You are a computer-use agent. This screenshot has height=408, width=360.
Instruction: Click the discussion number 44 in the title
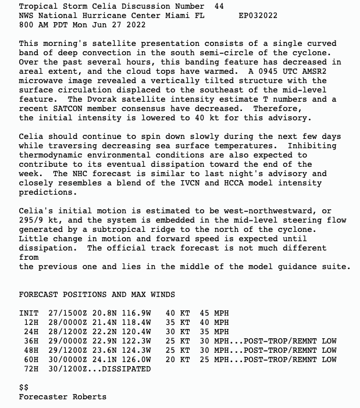[219, 6]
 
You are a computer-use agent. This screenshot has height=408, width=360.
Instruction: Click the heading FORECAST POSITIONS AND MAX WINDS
[97, 295]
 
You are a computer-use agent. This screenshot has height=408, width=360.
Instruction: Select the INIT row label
[28, 313]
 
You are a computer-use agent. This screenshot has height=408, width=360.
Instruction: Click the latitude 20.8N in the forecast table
[97, 313]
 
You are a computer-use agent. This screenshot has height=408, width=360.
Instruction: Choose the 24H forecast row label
[30, 332]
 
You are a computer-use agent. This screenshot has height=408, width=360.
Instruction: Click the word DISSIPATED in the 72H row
[126, 369]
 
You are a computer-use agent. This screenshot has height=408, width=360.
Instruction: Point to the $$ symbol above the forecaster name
[23, 387]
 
